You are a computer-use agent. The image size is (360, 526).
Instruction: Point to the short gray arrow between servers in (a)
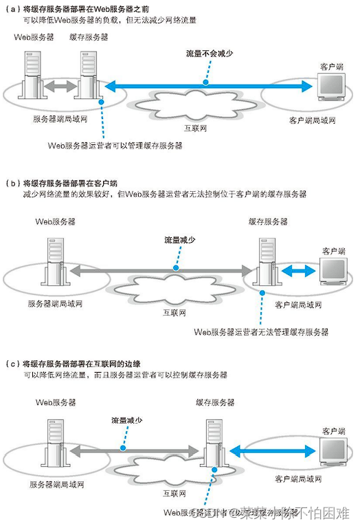click(60, 87)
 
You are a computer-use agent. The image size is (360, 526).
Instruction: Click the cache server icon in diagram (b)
click(268, 265)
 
